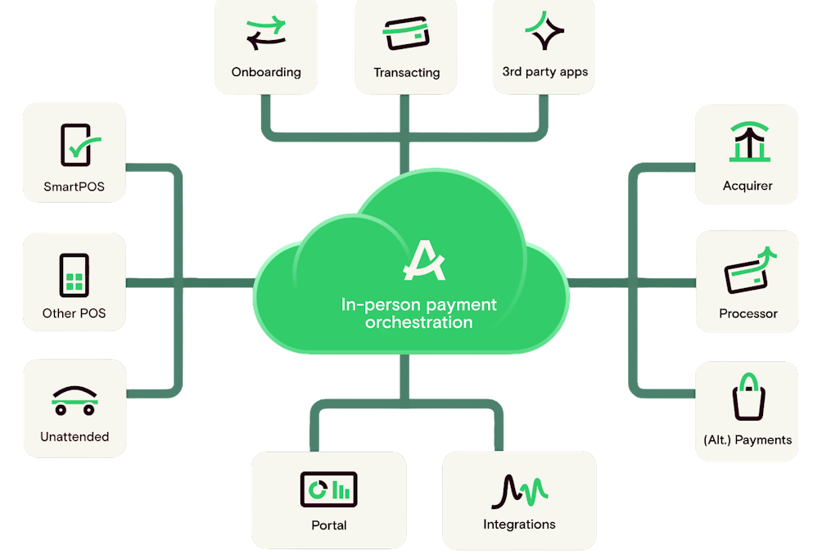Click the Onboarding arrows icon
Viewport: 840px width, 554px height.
coord(266,33)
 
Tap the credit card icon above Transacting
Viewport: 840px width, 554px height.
coord(406,34)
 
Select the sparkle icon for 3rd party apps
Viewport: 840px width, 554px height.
coord(544,30)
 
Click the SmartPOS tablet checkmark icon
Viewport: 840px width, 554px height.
coord(79,145)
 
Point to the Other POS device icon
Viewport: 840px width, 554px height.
coord(74,275)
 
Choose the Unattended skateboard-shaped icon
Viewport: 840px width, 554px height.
coord(75,401)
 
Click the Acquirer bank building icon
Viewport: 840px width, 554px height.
coord(749,142)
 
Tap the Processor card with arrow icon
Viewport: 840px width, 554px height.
coord(750,270)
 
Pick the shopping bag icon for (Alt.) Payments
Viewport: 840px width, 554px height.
coord(748,397)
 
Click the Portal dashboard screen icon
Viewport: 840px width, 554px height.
coord(329,489)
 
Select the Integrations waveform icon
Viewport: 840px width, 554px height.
coord(520,491)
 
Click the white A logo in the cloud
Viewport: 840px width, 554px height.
coord(424,260)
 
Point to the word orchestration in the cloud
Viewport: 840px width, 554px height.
coord(419,322)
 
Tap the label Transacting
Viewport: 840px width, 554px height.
coord(407,72)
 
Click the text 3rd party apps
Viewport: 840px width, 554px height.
coord(544,72)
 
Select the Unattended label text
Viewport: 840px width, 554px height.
coord(75,437)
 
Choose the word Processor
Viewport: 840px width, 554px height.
coord(747,313)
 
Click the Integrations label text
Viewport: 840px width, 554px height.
coord(519,525)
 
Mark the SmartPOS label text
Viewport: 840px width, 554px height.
coord(74,187)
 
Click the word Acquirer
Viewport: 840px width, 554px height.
coord(747,186)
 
